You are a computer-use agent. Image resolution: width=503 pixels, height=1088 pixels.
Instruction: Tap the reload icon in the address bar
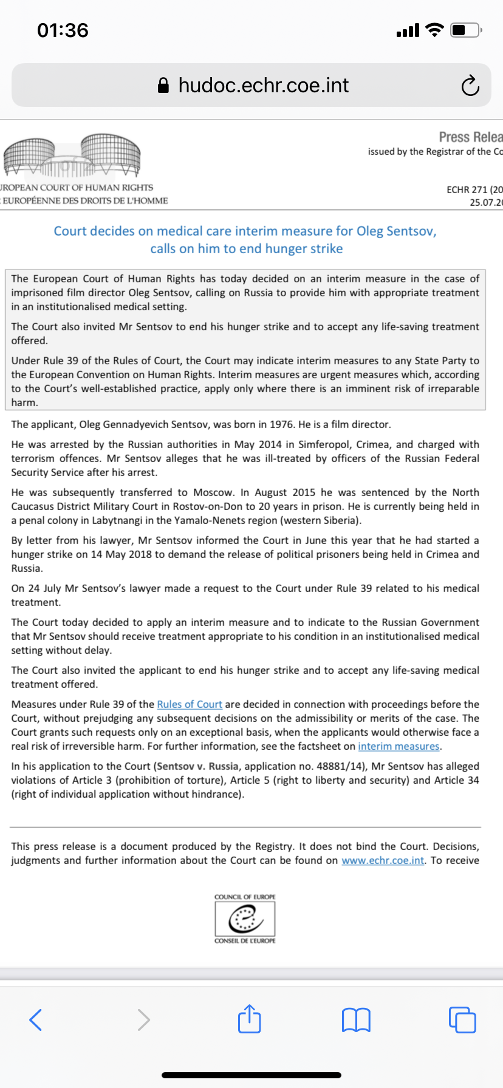pos(470,86)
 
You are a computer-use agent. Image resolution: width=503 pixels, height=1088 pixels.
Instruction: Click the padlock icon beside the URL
pos(163,86)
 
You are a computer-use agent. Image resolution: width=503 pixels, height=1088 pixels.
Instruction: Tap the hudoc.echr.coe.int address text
pos(263,86)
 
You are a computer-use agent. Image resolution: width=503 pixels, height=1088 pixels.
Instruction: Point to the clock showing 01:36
pos(63,30)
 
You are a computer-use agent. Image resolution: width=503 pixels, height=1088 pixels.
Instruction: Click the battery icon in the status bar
pos(466,30)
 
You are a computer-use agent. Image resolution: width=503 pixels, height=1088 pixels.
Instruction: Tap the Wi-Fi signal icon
pos(434,30)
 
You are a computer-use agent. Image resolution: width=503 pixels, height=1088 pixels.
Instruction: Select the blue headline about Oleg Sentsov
pos(245,240)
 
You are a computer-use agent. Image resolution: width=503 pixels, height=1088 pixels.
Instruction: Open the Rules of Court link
pos(190,704)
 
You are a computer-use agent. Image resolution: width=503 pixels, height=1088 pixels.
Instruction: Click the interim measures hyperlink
pos(399,746)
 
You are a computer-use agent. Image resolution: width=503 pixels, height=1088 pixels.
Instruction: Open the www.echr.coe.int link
pos(383,860)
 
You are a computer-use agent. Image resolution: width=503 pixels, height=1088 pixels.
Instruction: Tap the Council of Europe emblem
pos(245,919)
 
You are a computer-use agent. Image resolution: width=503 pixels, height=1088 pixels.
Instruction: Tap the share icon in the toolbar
pos(249,1019)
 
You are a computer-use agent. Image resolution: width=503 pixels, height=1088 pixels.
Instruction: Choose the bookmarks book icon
pos(356,1020)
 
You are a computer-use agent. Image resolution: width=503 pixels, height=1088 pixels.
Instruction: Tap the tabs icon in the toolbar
pos(462,1020)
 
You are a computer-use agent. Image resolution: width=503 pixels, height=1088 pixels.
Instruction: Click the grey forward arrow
pos(143,1020)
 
